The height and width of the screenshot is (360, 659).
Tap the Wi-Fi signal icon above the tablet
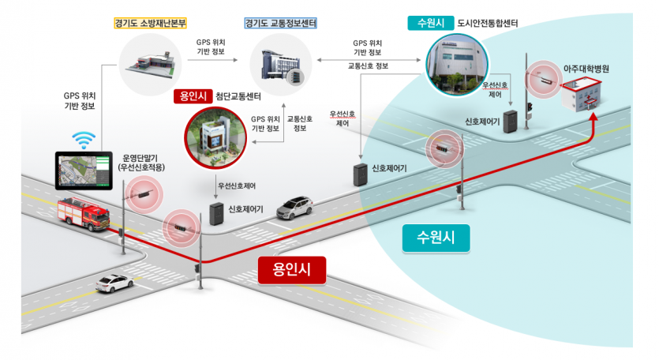click(x=81, y=140)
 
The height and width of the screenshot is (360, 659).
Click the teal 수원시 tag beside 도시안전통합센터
click(x=430, y=24)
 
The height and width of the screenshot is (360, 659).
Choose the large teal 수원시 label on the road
click(x=435, y=235)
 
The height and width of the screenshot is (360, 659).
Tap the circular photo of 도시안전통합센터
click(x=457, y=66)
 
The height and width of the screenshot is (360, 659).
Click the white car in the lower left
click(x=115, y=283)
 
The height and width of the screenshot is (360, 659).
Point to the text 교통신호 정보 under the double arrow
click(x=368, y=66)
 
